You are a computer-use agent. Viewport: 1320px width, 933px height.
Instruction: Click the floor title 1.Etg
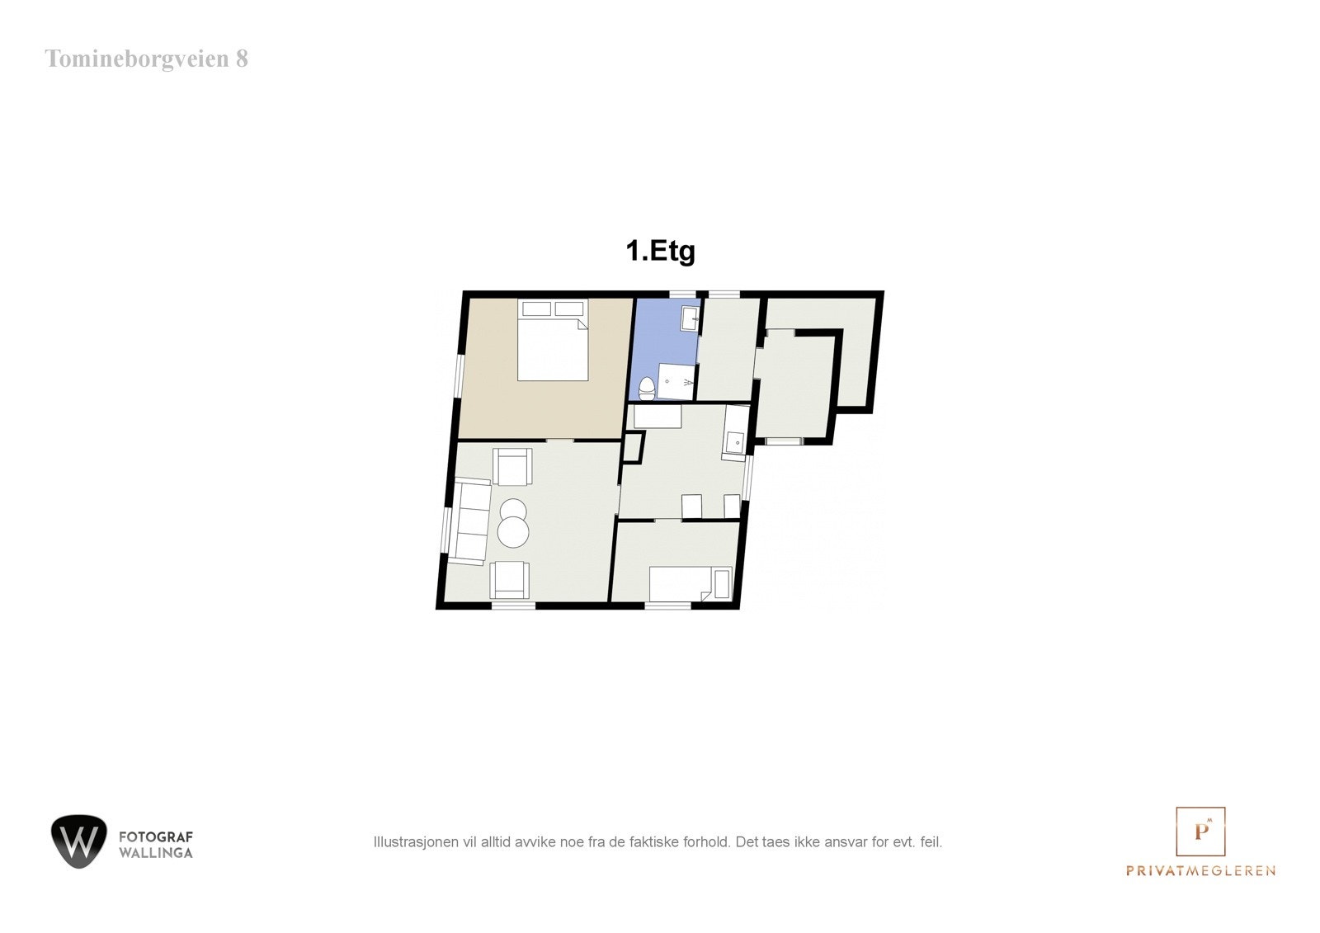(x=660, y=251)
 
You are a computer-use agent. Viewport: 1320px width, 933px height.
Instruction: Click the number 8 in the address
(x=241, y=59)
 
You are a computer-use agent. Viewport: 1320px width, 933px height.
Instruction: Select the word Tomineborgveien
(x=134, y=59)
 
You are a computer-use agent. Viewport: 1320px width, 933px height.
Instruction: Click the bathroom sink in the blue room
(x=691, y=318)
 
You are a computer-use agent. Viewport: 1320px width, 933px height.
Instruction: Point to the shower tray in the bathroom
(x=676, y=381)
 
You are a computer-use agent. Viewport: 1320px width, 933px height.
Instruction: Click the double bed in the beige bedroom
(x=553, y=346)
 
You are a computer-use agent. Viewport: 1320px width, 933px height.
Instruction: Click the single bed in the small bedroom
(x=690, y=583)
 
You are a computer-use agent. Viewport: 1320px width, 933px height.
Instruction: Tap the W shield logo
(x=78, y=841)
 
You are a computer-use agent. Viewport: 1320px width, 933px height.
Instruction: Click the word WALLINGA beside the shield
(x=156, y=853)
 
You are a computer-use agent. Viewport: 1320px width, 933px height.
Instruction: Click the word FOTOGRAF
(x=156, y=837)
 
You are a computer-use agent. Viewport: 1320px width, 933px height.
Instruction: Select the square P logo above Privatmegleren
(x=1200, y=831)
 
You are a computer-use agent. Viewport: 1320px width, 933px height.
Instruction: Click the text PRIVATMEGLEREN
(x=1200, y=870)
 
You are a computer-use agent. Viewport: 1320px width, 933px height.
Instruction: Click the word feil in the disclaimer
(x=931, y=842)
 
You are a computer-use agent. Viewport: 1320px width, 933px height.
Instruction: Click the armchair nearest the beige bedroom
(x=511, y=466)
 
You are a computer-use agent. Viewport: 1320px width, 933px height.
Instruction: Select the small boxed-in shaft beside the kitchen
(x=632, y=445)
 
